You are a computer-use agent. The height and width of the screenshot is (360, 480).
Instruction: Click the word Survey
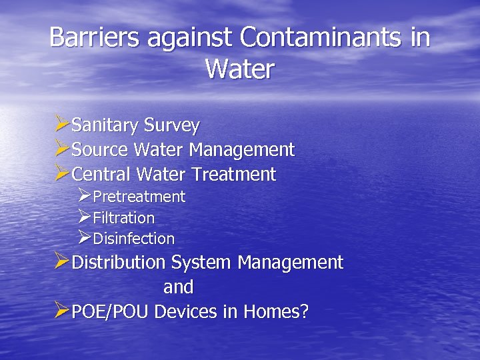click(x=172, y=126)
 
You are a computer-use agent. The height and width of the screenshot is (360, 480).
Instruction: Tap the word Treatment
click(x=233, y=175)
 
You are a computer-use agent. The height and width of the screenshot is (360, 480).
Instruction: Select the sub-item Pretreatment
click(x=139, y=197)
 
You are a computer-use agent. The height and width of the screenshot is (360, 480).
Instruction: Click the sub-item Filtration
click(x=123, y=218)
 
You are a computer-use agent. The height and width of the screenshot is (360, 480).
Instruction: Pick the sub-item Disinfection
click(x=133, y=239)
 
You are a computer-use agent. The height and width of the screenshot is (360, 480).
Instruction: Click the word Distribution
click(x=118, y=263)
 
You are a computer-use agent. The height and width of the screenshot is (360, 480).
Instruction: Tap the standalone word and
click(x=179, y=287)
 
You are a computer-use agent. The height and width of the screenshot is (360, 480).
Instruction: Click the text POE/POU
click(x=110, y=312)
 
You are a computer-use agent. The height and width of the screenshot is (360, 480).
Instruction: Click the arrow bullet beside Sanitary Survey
click(x=61, y=124)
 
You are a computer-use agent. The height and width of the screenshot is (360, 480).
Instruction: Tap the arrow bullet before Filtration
click(x=84, y=217)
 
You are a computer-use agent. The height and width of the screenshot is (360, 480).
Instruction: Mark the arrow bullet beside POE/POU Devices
click(x=61, y=311)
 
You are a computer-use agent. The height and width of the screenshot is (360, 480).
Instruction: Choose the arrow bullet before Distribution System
click(x=61, y=261)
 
